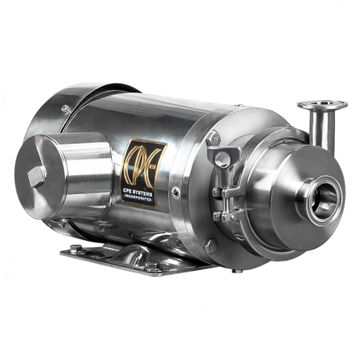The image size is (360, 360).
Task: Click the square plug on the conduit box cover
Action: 36,177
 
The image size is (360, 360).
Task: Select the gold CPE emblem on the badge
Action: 143,166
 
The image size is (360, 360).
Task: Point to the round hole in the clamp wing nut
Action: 222,158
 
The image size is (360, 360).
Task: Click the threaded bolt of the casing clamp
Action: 227,207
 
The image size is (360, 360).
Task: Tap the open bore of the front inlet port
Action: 325,201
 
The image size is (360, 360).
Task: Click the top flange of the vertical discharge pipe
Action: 322,105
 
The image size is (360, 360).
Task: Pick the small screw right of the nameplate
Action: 175,193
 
